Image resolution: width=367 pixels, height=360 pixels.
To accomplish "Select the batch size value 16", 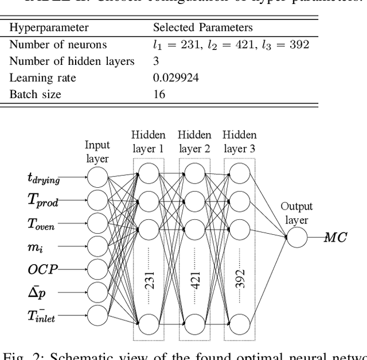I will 159,94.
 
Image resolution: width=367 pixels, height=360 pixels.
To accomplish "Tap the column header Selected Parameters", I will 202,28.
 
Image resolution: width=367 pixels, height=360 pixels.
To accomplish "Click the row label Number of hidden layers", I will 72,61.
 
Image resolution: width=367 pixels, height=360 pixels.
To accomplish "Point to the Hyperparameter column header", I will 49,28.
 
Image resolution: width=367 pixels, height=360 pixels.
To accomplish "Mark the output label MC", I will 335,237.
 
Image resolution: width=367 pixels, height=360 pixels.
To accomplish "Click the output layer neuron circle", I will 297,237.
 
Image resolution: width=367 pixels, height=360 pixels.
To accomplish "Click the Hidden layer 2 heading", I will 194,142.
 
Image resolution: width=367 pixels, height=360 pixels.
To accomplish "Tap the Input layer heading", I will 97,152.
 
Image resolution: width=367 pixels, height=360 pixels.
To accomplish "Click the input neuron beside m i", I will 97,246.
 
